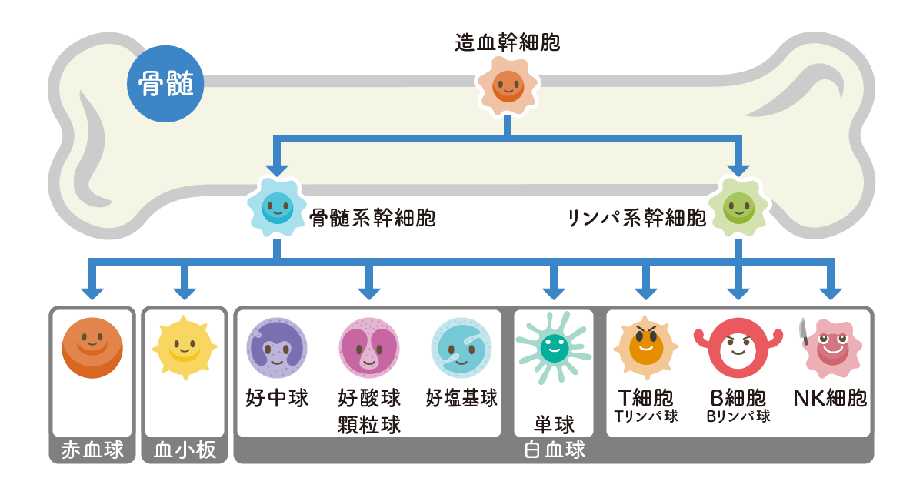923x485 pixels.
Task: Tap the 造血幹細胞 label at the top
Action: tap(508, 42)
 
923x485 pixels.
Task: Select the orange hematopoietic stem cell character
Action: tap(508, 84)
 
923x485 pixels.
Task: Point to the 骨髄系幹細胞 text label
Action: tap(372, 219)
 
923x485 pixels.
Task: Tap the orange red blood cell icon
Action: tap(92, 347)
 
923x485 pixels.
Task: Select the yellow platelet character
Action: tap(184, 350)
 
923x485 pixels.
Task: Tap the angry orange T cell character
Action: tap(645, 346)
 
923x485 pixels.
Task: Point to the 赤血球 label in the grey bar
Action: tap(92, 450)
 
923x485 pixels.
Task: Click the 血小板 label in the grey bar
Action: tap(185, 450)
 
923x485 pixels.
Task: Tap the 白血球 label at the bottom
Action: tap(554, 450)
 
